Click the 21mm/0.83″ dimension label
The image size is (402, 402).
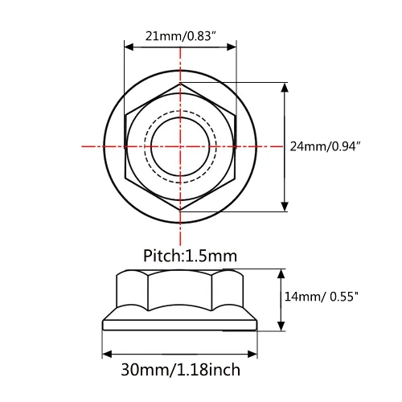(x=181, y=36)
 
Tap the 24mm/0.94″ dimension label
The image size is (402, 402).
(x=325, y=146)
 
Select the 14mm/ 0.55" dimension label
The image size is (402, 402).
(x=321, y=297)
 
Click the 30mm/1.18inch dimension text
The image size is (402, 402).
(x=180, y=370)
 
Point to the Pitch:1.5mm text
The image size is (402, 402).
(x=190, y=256)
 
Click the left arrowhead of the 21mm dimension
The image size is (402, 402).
(x=129, y=47)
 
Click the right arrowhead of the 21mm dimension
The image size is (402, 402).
(x=232, y=47)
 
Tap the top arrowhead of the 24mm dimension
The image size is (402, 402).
(x=285, y=88)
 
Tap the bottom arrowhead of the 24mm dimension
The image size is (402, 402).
(x=285, y=207)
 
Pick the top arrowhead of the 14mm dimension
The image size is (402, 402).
(x=281, y=273)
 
